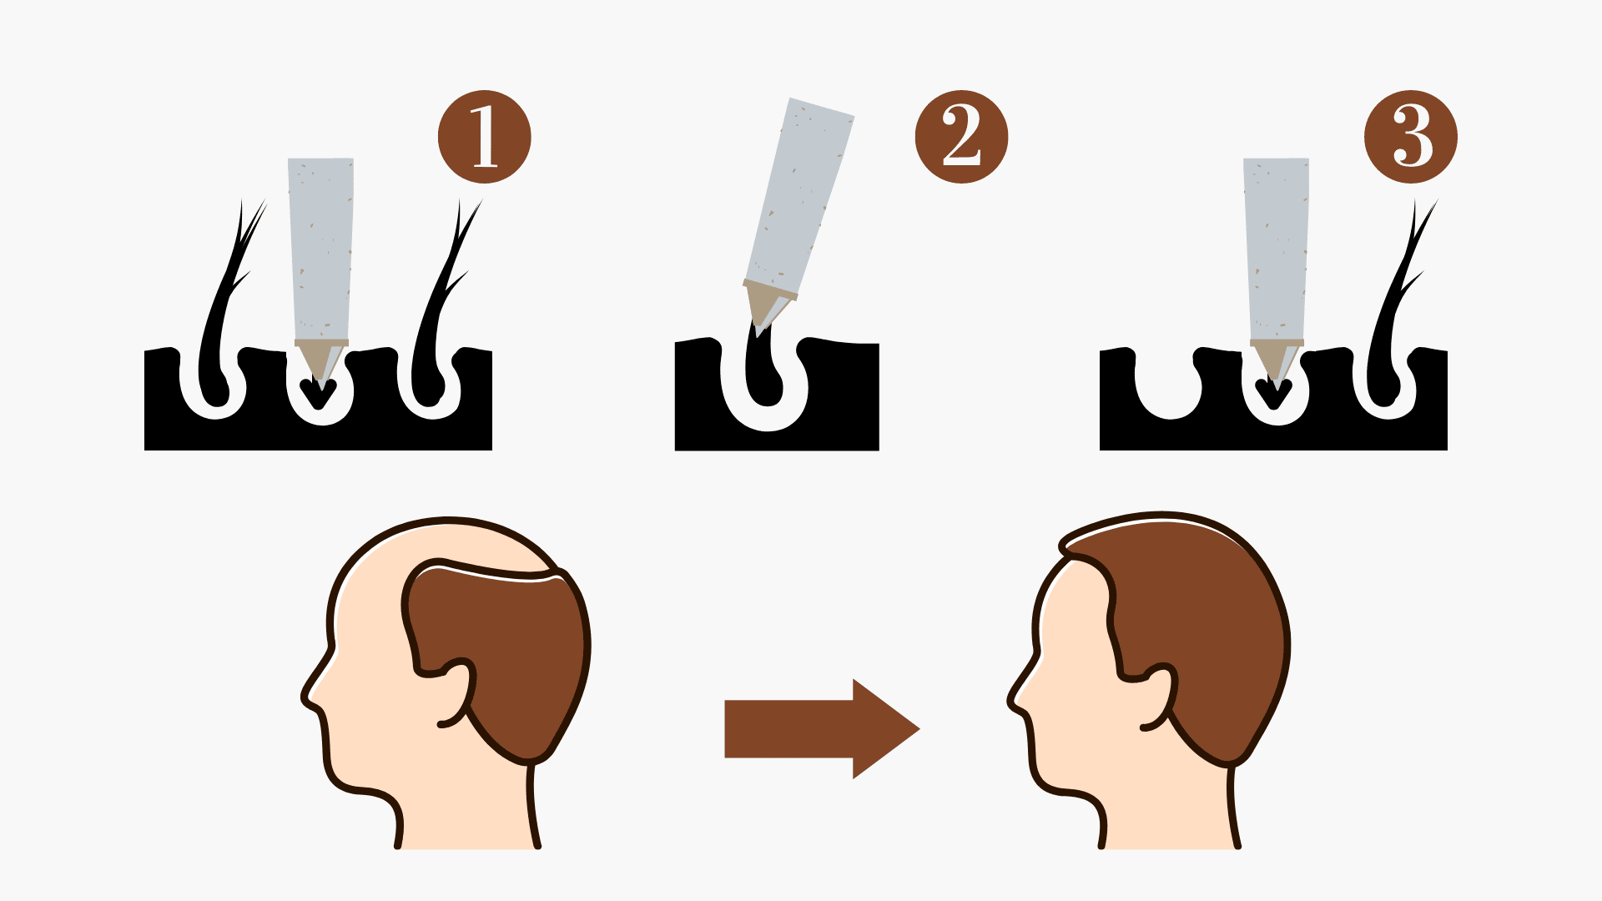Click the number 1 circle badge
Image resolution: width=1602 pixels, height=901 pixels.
[x=484, y=137]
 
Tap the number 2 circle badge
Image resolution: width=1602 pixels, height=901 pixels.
[x=961, y=137]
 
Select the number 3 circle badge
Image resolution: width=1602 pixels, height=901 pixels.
[x=1411, y=137]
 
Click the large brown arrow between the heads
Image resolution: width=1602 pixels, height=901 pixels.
[x=822, y=728]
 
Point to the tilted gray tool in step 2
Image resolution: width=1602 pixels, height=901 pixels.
[x=799, y=197]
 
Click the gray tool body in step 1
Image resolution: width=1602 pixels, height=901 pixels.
[x=320, y=249]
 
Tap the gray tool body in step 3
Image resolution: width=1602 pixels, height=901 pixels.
[x=1276, y=249]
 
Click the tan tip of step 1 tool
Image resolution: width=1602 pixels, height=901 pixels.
[x=321, y=359]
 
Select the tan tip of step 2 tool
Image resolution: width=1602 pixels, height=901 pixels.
[x=766, y=305]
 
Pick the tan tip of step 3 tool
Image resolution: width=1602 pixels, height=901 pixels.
[x=1277, y=359]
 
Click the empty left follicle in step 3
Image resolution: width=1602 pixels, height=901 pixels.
[x=1168, y=401]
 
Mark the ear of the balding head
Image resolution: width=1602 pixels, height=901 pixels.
[x=455, y=692]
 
